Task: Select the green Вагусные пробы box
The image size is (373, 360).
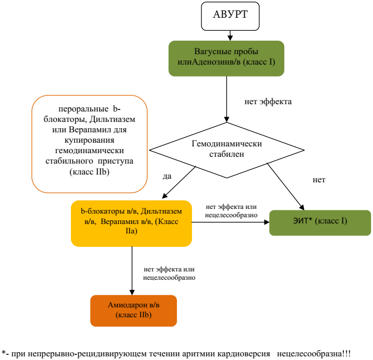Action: [x=226, y=58]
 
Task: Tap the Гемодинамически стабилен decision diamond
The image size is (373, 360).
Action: [x=226, y=149]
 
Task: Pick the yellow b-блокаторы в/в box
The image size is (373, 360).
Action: [x=131, y=222]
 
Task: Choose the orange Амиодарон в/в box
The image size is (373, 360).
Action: [x=134, y=311]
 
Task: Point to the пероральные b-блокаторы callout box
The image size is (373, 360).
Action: [x=90, y=143]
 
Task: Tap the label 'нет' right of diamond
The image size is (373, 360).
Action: [x=319, y=180]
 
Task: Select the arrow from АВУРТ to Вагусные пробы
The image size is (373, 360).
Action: [x=231, y=35]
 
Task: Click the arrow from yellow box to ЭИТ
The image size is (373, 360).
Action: [x=230, y=222]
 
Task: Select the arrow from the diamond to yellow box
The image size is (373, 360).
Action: [x=179, y=182]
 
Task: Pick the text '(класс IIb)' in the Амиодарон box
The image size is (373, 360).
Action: [x=133, y=316]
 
